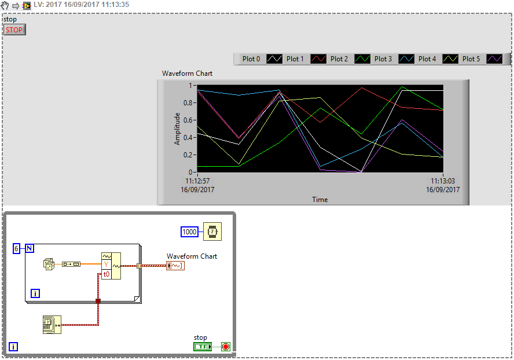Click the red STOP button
pos(14,30)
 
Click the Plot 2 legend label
pos(339,58)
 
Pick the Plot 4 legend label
pos(427,58)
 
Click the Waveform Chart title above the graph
pos(187,74)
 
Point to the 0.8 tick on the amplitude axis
pos(189,103)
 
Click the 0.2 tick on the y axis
pos(189,155)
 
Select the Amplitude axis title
pos(178,128)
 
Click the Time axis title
pos(320,200)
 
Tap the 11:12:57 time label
pos(197,181)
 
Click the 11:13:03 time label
pos(443,181)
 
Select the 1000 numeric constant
pos(189,232)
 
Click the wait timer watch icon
pos(212,232)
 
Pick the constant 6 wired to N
pos(16,248)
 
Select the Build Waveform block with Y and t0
pos(111,266)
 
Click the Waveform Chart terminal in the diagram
pos(175,266)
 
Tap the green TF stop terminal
pos(203,347)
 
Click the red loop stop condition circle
pos(226,347)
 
